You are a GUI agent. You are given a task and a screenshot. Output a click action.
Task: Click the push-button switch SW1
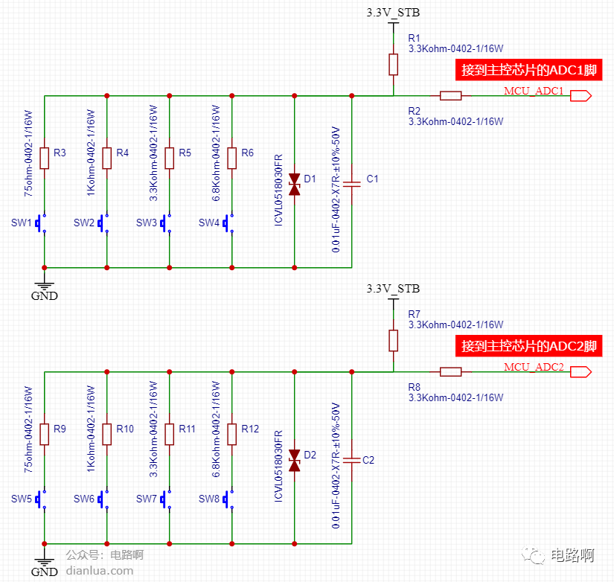point(41,223)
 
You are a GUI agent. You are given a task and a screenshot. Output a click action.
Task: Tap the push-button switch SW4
point(228,223)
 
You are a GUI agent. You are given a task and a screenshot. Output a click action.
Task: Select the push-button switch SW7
point(166,499)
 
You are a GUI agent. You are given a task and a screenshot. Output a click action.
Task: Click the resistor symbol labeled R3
point(44,159)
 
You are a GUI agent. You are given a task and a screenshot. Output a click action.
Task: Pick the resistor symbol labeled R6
point(231,159)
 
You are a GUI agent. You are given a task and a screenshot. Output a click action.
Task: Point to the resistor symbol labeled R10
point(107,435)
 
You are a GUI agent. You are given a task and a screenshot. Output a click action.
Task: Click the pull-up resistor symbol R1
point(394,65)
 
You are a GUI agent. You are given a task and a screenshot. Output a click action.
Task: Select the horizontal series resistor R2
point(451,95)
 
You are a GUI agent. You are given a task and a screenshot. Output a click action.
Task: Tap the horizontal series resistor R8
point(451,371)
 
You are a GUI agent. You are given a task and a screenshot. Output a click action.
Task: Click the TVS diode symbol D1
point(295,185)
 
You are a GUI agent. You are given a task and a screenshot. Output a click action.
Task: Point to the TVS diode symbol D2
point(295,461)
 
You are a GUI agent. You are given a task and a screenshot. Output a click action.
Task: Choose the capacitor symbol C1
point(351,184)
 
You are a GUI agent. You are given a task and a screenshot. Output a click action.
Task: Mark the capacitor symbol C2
point(351,460)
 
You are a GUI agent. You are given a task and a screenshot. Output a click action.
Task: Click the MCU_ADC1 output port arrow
point(581,95)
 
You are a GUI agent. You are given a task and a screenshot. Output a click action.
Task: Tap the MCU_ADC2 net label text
point(534,367)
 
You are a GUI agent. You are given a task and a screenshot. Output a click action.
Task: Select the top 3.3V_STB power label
point(393,13)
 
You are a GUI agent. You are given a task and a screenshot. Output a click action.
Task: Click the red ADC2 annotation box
point(528,346)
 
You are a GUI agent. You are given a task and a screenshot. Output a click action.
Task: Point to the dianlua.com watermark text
point(100,571)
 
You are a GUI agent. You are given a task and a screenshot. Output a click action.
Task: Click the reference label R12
point(250,429)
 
